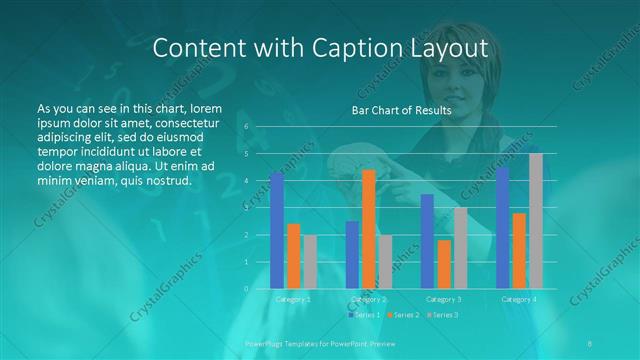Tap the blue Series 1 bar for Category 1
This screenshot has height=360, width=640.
pyautogui.click(x=277, y=230)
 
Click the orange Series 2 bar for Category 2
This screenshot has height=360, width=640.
pyautogui.click(x=368, y=229)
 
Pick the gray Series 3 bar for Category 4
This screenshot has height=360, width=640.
pyautogui.click(x=536, y=221)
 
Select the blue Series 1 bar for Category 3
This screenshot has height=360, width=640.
pyautogui.click(x=427, y=241)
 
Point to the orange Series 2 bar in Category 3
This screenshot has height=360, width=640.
pyautogui.click(x=443, y=264)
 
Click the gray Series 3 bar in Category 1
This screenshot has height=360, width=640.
pyautogui.click(x=310, y=262)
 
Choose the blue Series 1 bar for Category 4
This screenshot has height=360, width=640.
pyautogui.click(x=503, y=228)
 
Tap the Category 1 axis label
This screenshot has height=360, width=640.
pyautogui.click(x=293, y=299)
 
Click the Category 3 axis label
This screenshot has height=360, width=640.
pyautogui.click(x=443, y=299)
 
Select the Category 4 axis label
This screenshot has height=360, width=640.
pyautogui.click(x=518, y=299)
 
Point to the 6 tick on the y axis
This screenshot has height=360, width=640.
pyautogui.click(x=246, y=127)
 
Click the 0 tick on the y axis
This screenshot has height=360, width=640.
pyautogui.click(x=246, y=289)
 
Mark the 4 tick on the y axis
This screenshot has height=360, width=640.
pyautogui.click(x=246, y=181)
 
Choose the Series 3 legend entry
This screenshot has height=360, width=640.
pyautogui.click(x=443, y=315)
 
